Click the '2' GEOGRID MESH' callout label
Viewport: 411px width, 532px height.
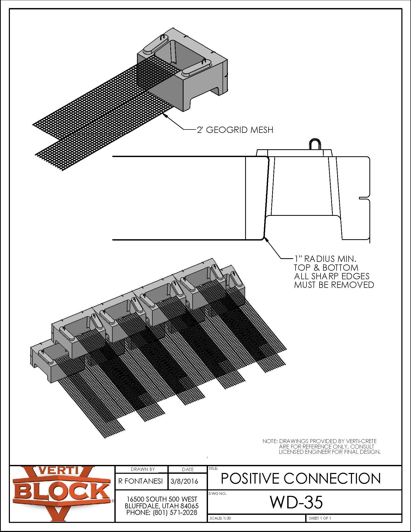[235, 130]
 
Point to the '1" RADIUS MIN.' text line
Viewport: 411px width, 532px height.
[325, 259]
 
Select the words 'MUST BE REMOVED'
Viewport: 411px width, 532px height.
[334, 285]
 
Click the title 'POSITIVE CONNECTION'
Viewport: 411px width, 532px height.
[301, 478]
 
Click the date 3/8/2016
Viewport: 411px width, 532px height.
[184, 481]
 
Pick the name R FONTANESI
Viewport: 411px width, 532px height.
[140, 481]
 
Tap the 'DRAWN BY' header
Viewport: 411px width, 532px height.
[143, 469]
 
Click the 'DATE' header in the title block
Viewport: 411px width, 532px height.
[188, 469]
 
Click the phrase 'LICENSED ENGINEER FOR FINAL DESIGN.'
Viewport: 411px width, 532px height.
[329, 452]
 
